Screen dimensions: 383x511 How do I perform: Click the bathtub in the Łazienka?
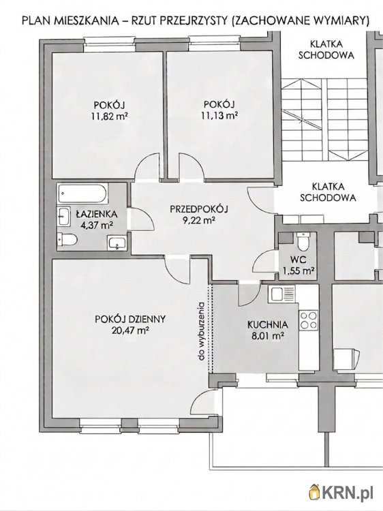click(82, 193)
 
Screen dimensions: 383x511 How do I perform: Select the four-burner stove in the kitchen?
click(308, 320)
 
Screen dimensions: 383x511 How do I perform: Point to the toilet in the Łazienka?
click(67, 241)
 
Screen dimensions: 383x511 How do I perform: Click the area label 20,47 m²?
click(130, 330)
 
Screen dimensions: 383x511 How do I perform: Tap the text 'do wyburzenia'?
click(202, 331)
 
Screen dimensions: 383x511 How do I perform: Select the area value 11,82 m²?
click(109, 116)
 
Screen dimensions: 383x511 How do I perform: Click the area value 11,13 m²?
click(219, 115)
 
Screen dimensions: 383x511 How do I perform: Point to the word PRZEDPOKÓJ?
click(199, 209)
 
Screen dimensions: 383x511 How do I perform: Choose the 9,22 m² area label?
click(199, 220)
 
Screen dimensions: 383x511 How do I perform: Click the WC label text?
click(298, 260)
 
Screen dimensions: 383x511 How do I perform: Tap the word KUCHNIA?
click(268, 324)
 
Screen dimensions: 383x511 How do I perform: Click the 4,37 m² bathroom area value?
click(97, 226)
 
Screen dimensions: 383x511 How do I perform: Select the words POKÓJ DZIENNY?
click(130, 319)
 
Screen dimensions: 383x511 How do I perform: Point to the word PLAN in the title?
click(33, 21)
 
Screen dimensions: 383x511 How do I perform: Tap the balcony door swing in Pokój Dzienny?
click(204, 402)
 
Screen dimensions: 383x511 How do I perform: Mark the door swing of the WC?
click(264, 262)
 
